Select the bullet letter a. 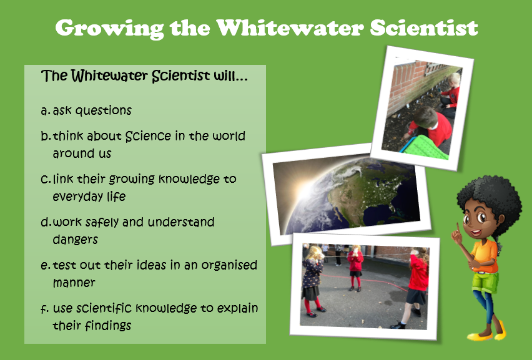pos(45,111)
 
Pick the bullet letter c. pos(46,179)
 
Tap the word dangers pos(76,240)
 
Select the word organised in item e pos(229,265)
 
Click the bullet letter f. pos(45,308)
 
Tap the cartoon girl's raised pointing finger pos(457,228)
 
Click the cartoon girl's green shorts pos(485,282)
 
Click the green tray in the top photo pos(425,147)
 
